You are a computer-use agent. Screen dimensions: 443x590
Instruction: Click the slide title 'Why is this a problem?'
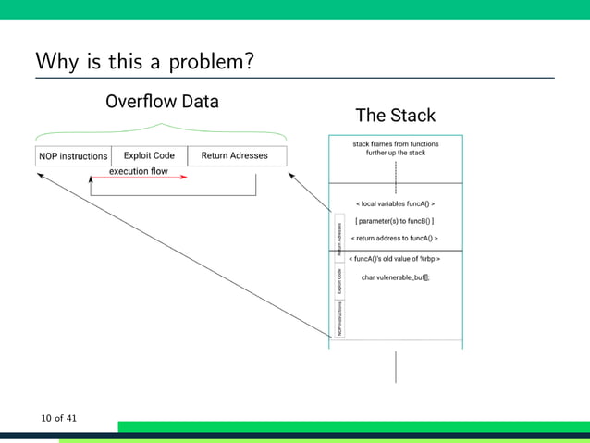click(x=145, y=61)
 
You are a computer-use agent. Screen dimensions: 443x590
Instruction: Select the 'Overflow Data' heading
click(x=162, y=102)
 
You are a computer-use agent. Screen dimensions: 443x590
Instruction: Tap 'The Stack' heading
click(x=395, y=116)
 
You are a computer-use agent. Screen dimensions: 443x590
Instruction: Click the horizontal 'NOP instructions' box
click(x=73, y=155)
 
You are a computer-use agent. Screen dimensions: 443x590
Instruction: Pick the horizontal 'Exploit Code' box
click(x=149, y=155)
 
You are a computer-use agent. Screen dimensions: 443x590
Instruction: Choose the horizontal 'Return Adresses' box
click(x=235, y=155)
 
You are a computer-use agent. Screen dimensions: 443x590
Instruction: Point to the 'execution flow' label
click(x=139, y=171)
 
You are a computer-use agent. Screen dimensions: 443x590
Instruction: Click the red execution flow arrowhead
click(x=184, y=178)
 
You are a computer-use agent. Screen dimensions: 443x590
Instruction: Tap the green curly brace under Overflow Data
click(x=162, y=129)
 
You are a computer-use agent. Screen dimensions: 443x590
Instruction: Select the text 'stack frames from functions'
click(x=396, y=144)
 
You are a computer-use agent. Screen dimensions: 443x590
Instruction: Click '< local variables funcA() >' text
click(x=396, y=203)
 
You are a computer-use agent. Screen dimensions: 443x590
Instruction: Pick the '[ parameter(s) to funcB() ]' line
click(x=395, y=221)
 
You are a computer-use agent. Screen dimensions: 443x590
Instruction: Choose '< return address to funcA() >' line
click(x=395, y=238)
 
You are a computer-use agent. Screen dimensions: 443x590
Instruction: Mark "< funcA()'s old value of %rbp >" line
click(x=395, y=259)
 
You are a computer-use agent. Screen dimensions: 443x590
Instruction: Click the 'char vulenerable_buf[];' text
click(x=395, y=277)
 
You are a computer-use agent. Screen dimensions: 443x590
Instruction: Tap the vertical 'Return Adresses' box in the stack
click(x=339, y=238)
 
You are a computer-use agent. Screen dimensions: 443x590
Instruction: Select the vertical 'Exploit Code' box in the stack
click(x=339, y=280)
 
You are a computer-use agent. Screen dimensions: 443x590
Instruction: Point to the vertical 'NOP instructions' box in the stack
click(x=339, y=318)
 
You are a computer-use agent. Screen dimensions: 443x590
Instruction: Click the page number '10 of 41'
click(x=58, y=419)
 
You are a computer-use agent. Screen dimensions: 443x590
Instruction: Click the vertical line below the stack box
click(x=396, y=366)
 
